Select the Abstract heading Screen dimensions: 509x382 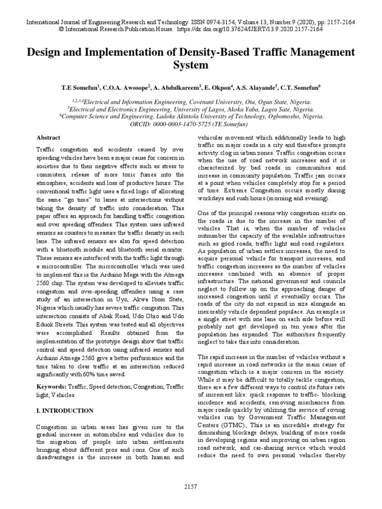(x=49, y=137)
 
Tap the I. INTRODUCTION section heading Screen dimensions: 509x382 (x=65, y=411)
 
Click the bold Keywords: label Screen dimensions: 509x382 (x=52, y=386)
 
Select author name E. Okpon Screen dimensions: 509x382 (x=218, y=86)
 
